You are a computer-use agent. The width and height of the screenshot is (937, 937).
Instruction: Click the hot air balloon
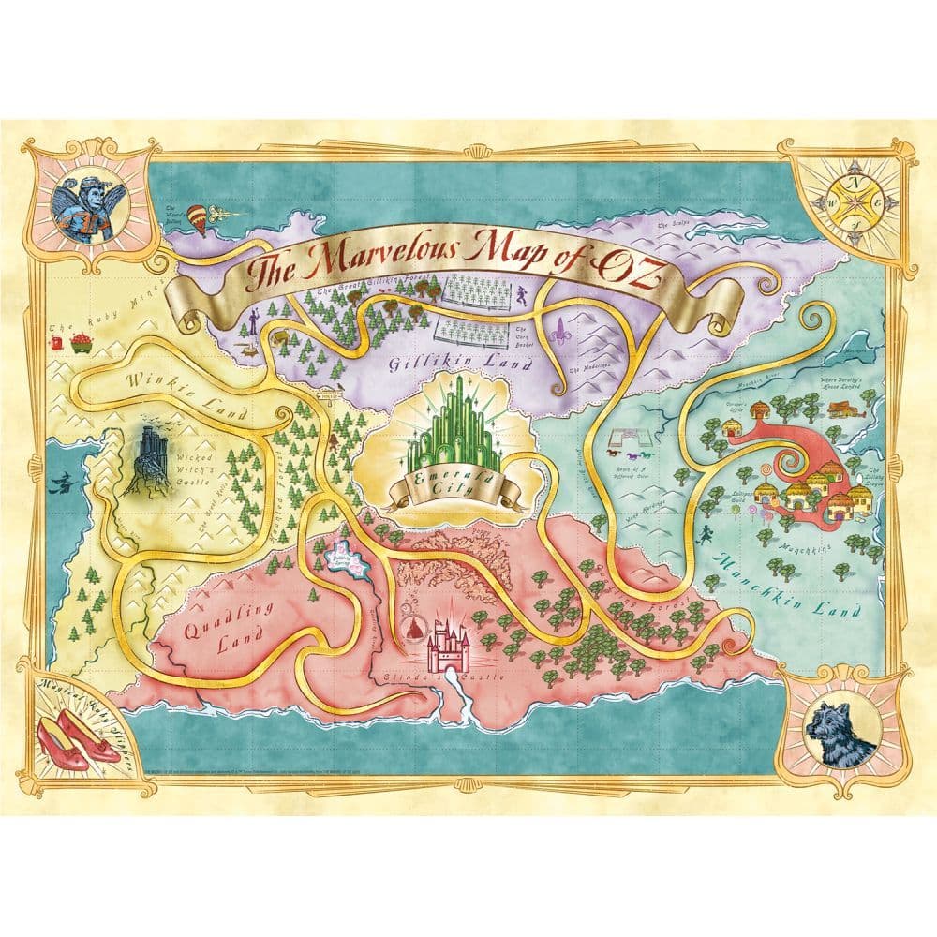[x=196, y=216]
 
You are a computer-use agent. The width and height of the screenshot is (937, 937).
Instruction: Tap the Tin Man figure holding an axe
[x=251, y=324]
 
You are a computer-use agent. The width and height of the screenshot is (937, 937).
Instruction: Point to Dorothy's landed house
[x=843, y=408]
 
